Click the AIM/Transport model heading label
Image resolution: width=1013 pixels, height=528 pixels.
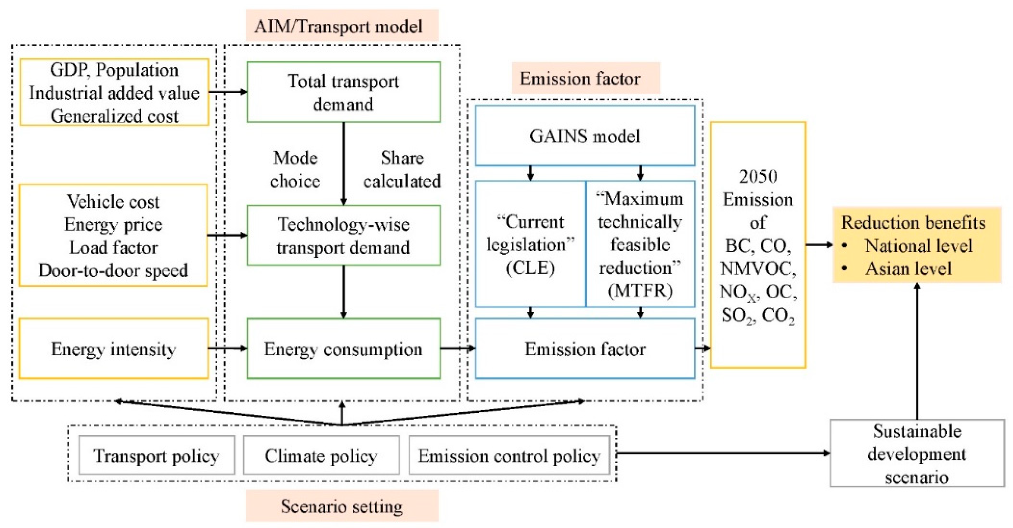coord(342,26)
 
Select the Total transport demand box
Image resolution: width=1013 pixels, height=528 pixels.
coord(343,92)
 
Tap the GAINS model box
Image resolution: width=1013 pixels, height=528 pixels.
coord(585,136)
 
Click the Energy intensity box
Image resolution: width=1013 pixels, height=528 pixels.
coord(113,349)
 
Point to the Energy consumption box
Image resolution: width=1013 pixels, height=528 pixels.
coord(343,349)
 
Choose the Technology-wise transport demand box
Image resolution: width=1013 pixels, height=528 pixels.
coord(343,235)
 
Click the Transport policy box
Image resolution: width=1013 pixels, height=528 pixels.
coord(156,455)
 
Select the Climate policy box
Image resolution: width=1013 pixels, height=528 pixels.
coord(321,455)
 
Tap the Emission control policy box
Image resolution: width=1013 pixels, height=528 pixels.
coord(509,455)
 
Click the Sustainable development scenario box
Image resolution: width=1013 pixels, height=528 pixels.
coord(917,453)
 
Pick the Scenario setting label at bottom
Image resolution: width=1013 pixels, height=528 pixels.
coord(342,506)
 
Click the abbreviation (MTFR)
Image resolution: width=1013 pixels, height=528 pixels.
coord(640,291)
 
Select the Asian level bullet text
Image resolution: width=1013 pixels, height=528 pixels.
coord(908,269)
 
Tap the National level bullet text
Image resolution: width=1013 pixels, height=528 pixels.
coord(918,246)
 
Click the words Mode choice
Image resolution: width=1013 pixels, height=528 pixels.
coord(295,170)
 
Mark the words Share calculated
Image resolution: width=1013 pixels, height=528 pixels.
coord(402,170)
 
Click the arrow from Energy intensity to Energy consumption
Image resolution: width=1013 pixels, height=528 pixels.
coord(227,348)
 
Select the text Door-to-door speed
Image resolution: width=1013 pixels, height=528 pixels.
coord(113,270)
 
